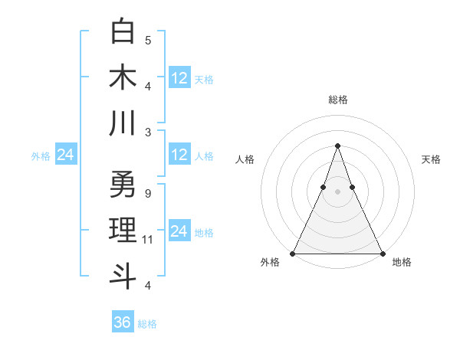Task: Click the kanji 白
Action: click(x=123, y=31)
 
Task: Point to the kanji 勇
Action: click(x=123, y=185)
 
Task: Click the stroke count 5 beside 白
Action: click(x=148, y=40)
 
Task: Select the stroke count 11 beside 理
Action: click(x=149, y=240)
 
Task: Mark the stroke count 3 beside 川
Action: click(x=148, y=132)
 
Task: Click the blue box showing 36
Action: click(x=122, y=322)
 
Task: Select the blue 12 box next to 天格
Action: click(x=179, y=77)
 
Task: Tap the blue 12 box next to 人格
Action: click(x=179, y=155)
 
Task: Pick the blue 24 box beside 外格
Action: click(x=65, y=155)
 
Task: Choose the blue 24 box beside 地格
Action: click(x=179, y=231)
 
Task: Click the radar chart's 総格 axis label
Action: click(x=337, y=100)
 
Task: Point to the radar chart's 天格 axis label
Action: click(x=431, y=159)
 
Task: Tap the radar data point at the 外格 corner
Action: click(x=293, y=254)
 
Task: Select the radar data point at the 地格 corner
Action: click(x=382, y=254)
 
